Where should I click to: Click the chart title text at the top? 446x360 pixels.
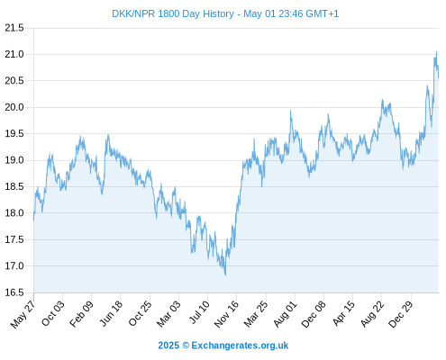225,13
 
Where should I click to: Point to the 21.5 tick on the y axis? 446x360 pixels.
14,28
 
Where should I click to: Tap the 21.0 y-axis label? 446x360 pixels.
14,54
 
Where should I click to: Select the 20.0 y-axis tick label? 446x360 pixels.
14,107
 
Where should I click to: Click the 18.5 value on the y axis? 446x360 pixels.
14,186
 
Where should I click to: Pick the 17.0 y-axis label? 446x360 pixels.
14,265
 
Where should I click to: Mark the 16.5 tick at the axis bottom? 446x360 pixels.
14,292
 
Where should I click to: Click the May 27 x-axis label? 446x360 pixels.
23,314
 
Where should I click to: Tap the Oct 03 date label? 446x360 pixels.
53,313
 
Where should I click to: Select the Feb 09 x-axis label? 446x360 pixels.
81,313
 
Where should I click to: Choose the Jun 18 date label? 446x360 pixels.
111,313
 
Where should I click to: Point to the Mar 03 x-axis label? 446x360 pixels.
168,313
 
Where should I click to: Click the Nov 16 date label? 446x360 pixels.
226,314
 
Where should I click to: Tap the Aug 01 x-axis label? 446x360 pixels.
285,314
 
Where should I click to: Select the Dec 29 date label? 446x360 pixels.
401,314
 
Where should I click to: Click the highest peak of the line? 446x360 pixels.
436,51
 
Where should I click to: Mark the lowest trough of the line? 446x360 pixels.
225,275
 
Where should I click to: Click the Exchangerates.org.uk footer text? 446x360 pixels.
240,346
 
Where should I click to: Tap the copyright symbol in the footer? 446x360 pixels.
186,346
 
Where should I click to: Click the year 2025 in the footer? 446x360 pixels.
168,346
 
